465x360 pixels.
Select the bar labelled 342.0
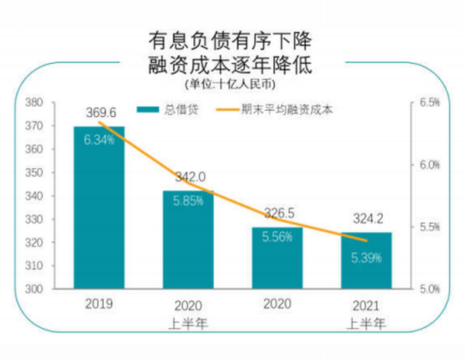(x=188, y=240)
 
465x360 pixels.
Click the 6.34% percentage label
(x=99, y=140)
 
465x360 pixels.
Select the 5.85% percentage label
(x=188, y=202)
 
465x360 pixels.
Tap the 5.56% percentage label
(x=277, y=237)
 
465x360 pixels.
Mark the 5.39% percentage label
(x=366, y=257)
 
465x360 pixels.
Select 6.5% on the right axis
(x=430, y=103)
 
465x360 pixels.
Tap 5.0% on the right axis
(x=430, y=289)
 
